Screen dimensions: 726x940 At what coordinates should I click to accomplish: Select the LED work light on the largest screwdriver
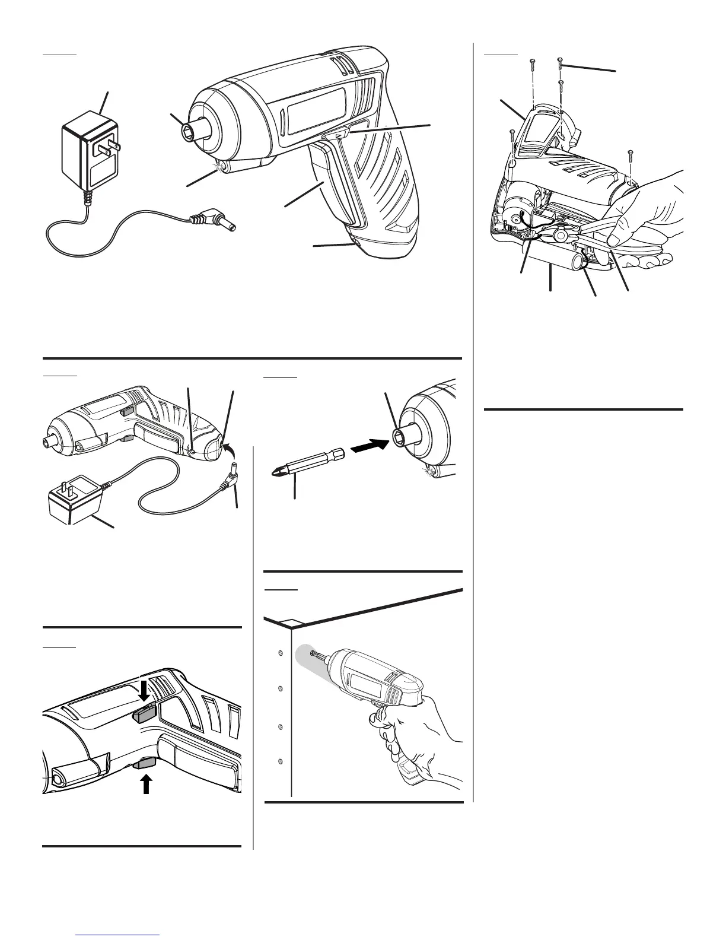(223, 167)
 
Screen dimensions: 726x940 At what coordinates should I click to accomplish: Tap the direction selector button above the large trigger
(339, 136)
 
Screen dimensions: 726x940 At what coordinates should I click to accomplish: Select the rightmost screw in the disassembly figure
(631, 157)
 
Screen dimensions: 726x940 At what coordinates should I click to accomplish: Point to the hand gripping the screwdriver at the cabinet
(415, 736)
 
